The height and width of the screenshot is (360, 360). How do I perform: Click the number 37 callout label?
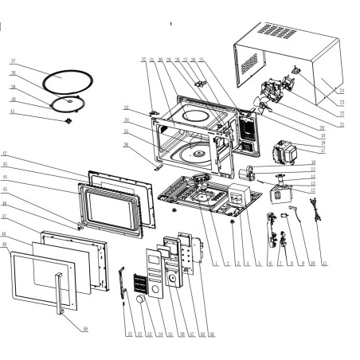pyautogui.click(x=14, y=61)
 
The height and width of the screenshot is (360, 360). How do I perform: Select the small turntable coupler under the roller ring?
pyautogui.click(x=70, y=120)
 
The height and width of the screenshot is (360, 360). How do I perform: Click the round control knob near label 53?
pyautogui.click(x=140, y=300)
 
